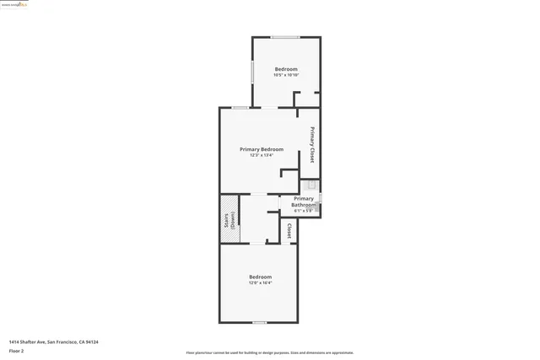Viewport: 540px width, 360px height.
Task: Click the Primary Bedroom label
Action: click(x=261, y=149)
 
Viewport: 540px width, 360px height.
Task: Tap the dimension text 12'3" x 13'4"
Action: click(x=261, y=155)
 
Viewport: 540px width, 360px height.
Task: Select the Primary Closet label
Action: click(x=311, y=145)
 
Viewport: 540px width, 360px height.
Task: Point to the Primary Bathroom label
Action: click(x=303, y=201)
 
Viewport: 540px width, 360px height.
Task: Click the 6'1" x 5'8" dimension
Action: click(x=303, y=210)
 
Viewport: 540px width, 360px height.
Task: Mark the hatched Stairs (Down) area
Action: click(x=229, y=219)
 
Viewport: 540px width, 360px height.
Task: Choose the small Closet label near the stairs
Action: click(x=289, y=230)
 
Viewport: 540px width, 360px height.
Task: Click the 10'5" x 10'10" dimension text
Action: click(x=286, y=75)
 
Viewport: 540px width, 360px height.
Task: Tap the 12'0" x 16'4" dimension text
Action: click(x=260, y=282)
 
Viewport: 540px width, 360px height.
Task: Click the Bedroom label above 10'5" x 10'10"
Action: click(x=286, y=69)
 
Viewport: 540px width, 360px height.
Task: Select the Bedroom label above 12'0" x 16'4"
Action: click(x=260, y=277)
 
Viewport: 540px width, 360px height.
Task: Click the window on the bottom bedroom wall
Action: click(x=260, y=322)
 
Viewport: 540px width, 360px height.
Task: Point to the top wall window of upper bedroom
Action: click(x=283, y=36)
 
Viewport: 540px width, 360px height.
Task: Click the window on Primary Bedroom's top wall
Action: click(x=240, y=108)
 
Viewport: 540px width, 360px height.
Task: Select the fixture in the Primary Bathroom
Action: click(x=310, y=185)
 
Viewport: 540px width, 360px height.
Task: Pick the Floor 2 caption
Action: click(x=16, y=350)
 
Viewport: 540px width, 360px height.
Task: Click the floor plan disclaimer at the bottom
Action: click(x=269, y=352)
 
